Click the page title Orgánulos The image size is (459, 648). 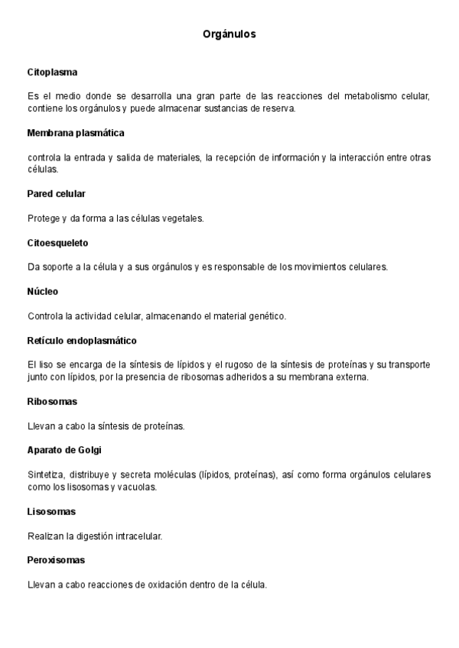tap(229, 34)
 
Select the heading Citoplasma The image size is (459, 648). tap(52, 72)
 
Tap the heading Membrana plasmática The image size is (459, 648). tap(76, 133)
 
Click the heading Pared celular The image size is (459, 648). tap(57, 194)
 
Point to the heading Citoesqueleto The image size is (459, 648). tap(58, 243)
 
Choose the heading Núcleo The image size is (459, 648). tap(43, 292)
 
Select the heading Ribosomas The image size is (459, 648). tap(52, 401)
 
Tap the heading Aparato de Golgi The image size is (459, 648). tap(64, 450)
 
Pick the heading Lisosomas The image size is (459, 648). tap(51, 511)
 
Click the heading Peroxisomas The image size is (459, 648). tap(56, 560)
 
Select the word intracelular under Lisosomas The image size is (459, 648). tap(137, 536)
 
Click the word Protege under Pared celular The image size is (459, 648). tap(44, 219)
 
